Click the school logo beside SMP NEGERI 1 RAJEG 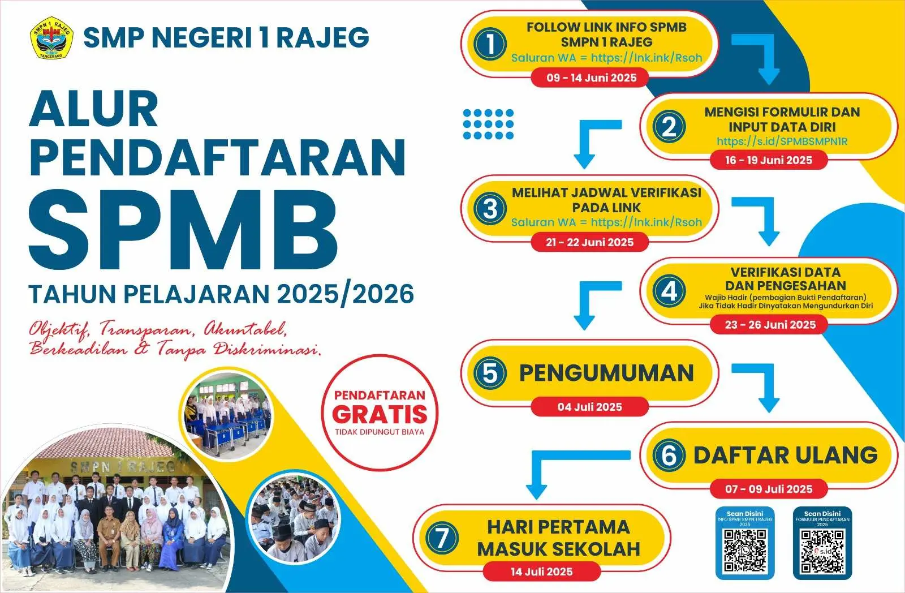click(x=51, y=37)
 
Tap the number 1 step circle click(x=490, y=44)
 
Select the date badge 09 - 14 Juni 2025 click(x=591, y=78)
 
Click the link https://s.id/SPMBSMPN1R click(x=782, y=141)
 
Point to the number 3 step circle click(x=490, y=209)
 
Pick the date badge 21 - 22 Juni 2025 click(x=589, y=243)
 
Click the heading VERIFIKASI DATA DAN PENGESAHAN click(x=785, y=279)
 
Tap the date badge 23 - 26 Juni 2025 click(x=770, y=325)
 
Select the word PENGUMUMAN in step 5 click(x=606, y=373)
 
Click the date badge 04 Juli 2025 click(x=589, y=407)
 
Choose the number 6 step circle click(x=669, y=456)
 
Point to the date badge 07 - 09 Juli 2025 click(x=769, y=489)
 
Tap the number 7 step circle click(x=442, y=538)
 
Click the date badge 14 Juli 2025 click(x=541, y=571)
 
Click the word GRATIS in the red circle click(x=380, y=415)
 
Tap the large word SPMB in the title click(x=184, y=230)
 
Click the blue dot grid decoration click(x=488, y=124)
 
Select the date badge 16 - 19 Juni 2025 click(x=769, y=161)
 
